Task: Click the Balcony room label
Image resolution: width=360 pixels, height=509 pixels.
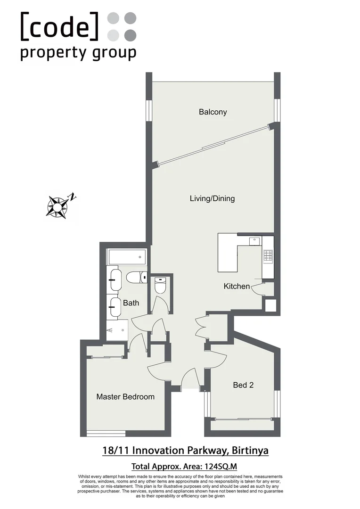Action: [213, 112]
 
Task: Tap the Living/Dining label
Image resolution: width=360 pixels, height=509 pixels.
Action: [212, 198]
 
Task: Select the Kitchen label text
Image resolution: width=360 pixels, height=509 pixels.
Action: [237, 286]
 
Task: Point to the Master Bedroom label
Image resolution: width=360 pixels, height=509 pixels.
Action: [125, 397]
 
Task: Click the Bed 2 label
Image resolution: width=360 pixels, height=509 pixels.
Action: [244, 385]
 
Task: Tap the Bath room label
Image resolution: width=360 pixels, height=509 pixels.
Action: [131, 303]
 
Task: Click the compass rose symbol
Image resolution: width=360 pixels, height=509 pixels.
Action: [57, 206]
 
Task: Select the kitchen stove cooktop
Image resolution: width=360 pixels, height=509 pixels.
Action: [268, 255]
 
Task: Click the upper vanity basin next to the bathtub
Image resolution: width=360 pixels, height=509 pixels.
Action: [115, 279]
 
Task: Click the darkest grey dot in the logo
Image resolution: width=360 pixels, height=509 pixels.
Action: [131, 35]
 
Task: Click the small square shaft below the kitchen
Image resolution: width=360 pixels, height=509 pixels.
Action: [270, 306]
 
